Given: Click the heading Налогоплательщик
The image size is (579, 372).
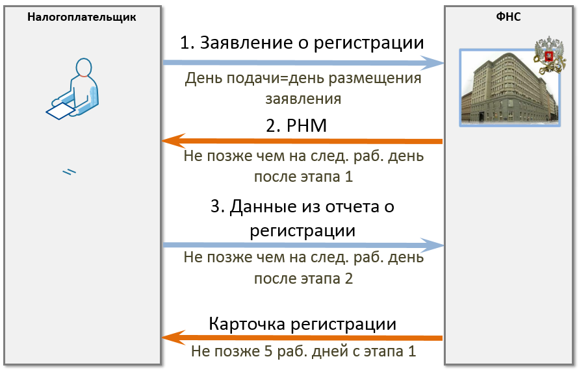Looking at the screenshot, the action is (82, 17).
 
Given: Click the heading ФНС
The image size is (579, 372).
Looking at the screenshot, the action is (508, 17).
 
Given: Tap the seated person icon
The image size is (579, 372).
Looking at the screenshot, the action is (73, 88).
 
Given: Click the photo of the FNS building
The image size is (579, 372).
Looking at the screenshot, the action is (509, 88).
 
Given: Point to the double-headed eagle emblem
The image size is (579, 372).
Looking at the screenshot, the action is (549, 55).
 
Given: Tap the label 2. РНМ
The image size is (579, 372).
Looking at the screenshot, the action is (296, 125).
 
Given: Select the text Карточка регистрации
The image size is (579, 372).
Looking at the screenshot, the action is (302, 324).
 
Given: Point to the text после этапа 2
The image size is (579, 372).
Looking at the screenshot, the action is (303, 278).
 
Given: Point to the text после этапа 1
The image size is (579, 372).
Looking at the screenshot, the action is (303, 177).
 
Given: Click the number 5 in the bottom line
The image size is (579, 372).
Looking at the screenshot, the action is (268, 351).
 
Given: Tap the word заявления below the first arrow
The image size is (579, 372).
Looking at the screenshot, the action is (303, 99).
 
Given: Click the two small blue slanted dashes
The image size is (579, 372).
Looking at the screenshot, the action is (69, 172).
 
